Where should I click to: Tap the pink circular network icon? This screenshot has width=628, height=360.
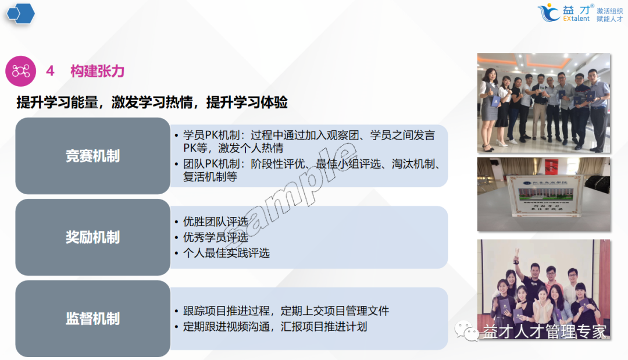click(21, 71)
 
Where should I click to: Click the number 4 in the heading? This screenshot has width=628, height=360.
click(50, 71)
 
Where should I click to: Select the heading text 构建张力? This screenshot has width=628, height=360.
click(97, 71)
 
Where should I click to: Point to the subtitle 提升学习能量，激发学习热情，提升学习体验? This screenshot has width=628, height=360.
click(152, 102)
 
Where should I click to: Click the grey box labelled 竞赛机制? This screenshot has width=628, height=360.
click(92, 156)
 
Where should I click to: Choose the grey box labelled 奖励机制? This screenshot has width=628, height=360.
click(92, 237)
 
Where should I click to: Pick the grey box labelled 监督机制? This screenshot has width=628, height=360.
click(92, 319)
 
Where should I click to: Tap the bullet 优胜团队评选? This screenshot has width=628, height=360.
click(215, 222)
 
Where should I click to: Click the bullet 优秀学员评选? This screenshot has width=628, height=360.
click(215, 237)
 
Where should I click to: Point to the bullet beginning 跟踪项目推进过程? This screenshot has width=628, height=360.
click(285, 311)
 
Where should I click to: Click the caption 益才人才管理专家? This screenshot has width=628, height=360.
click(544, 332)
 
